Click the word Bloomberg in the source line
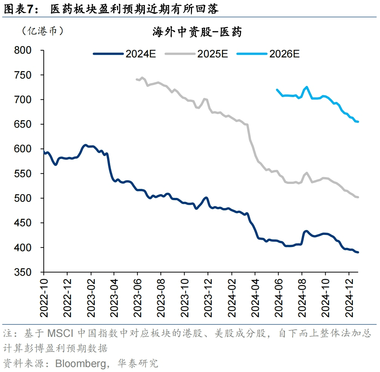tap(79, 363)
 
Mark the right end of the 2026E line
tap(358, 122)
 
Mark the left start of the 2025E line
tap(136, 79)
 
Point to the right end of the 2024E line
tap(358, 252)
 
